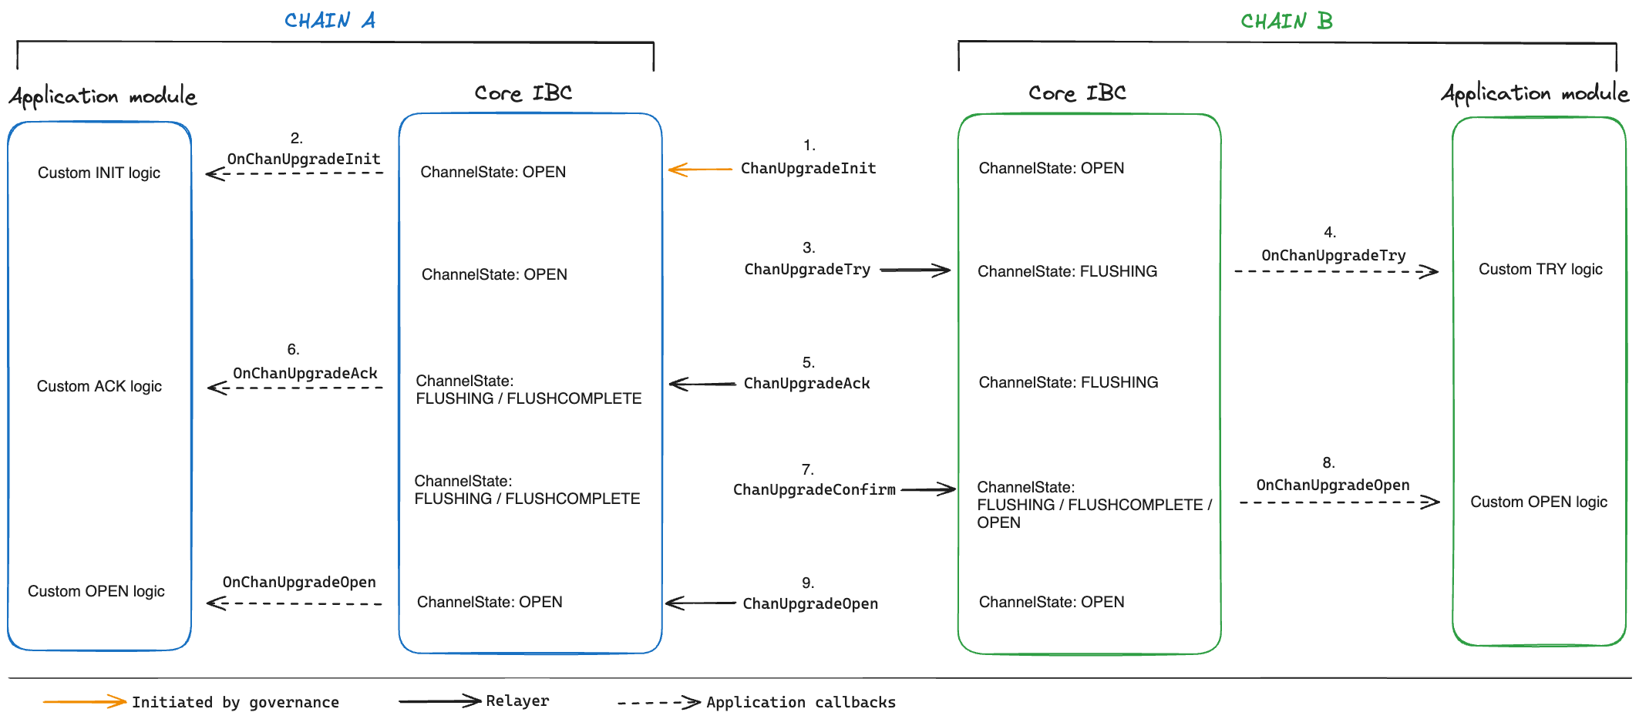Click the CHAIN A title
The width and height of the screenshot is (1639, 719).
[330, 20]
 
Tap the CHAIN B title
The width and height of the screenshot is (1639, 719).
[1286, 21]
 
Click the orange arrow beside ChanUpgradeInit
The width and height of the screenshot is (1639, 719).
[699, 169]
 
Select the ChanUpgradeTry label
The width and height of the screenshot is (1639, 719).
[806, 270]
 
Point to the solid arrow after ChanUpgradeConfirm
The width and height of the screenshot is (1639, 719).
[928, 489]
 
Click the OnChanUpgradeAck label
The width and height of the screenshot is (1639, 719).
[305, 373]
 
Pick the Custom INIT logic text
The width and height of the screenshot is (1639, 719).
[99, 173]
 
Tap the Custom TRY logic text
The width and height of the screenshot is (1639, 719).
[1540, 269]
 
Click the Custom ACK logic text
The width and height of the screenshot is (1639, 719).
[99, 386]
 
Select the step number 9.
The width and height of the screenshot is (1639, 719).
[808, 583]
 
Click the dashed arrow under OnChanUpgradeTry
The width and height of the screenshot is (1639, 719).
[1335, 271]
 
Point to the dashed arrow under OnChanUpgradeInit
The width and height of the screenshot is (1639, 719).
[294, 173]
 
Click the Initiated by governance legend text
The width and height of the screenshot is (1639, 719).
[235, 702]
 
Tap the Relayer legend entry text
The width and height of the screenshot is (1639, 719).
[517, 701]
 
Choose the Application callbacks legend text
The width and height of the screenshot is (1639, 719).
[800, 702]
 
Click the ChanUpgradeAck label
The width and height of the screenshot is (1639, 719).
[806, 383]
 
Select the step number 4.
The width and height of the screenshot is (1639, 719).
[1330, 232]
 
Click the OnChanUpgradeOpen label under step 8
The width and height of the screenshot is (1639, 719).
[1332, 485]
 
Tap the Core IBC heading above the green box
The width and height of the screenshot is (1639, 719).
[1076, 93]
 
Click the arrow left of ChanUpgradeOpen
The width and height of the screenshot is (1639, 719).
[700, 603]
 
